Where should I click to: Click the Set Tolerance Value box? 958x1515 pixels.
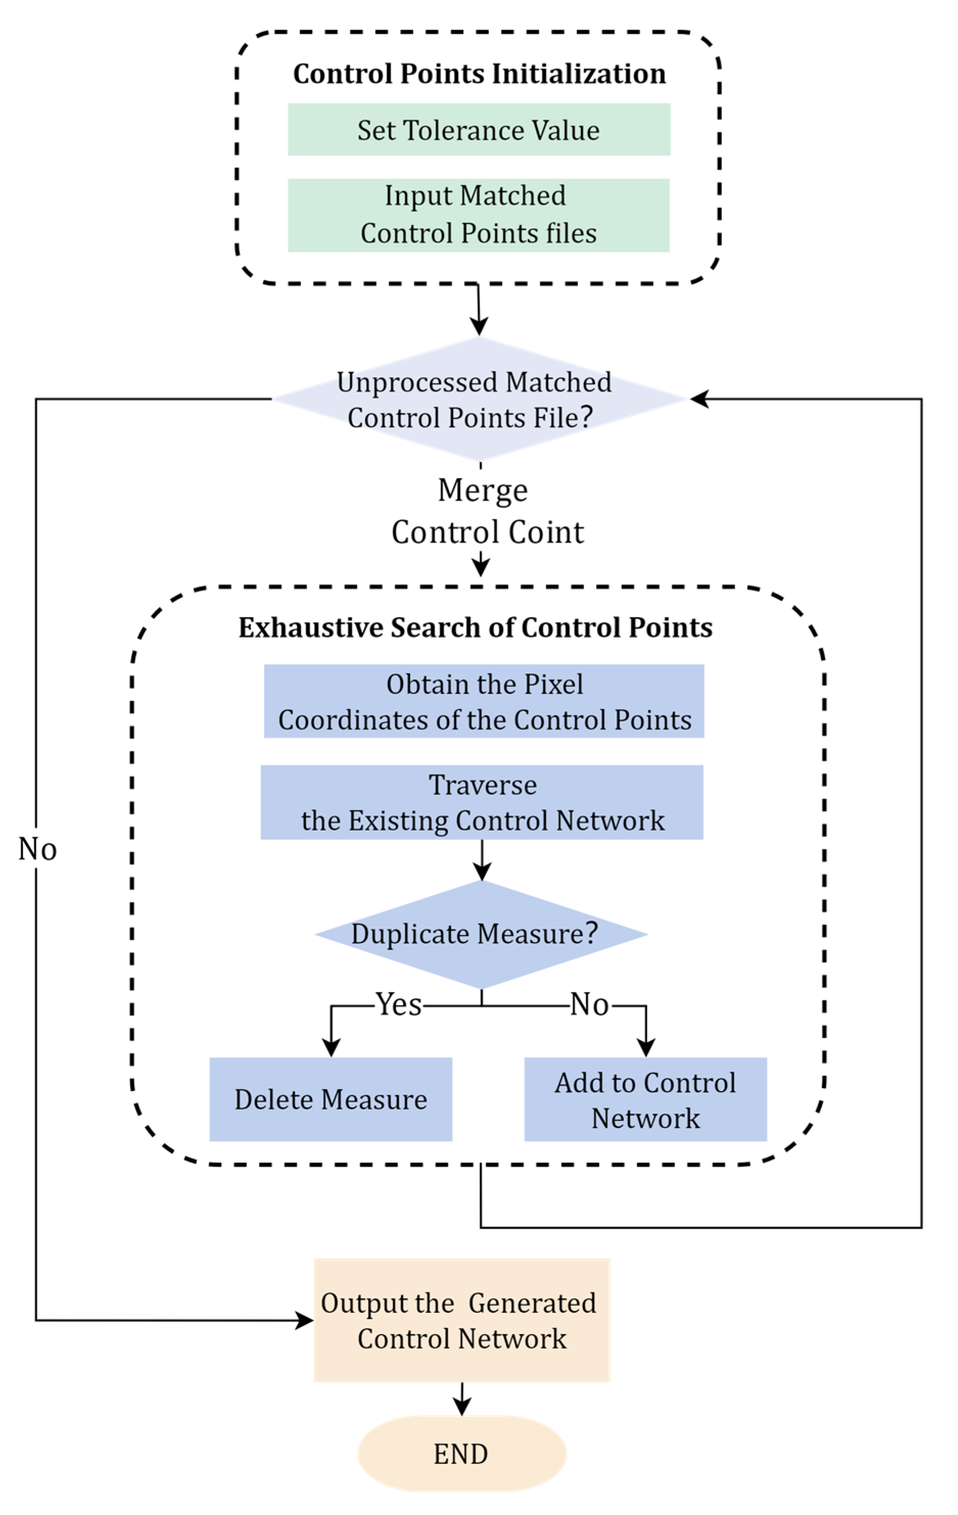pyautogui.click(x=478, y=130)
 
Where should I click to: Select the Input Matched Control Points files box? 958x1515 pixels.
pyautogui.click(x=478, y=215)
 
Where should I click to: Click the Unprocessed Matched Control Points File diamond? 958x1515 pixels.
pyautogui.click(x=478, y=399)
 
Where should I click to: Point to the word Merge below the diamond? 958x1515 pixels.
pyautogui.click(x=483, y=490)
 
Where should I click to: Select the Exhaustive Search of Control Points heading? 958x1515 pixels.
pyautogui.click(x=475, y=627)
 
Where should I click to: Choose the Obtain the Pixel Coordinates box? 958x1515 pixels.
pyautogui.click(x=484, y=701)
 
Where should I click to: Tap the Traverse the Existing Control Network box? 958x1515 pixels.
pyautogui.click(x=482, y=802)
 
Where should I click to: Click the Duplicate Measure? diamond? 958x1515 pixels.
pyautogui.click(x=481, y=934)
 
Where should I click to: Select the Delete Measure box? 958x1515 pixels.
pyautogui.click(x=331, y=1099)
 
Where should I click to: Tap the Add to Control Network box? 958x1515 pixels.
pyautogui.click(x=645, y=1099)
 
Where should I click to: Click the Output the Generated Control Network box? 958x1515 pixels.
pyautogui.click(x=462, y=1320)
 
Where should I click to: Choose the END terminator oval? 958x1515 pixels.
pyautogui.click(x=462, y=1453)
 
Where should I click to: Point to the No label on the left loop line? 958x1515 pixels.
pyautogui.click(x=37, y=849)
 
